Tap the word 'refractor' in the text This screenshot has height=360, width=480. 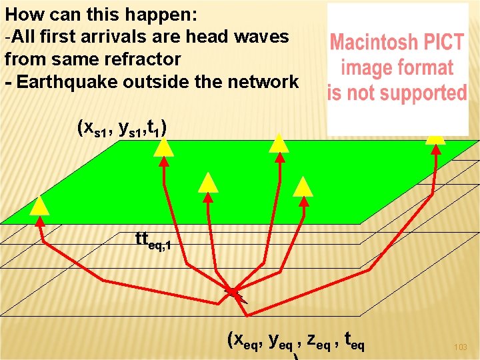[143, 59]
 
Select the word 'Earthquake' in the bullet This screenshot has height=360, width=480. [67, 82]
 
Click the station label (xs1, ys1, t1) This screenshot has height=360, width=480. [122, 128]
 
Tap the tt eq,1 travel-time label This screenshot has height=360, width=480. [153, 240]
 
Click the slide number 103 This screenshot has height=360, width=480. [461, 347]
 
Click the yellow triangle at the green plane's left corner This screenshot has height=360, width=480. [39, 206]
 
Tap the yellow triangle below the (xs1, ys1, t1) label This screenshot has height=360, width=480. [164, 147]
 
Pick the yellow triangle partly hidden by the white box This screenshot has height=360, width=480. [435, 139]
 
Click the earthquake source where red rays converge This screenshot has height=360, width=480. [235, 293]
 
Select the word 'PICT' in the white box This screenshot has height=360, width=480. [441, 42]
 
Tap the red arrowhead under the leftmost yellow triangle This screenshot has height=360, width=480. [40, 221]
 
